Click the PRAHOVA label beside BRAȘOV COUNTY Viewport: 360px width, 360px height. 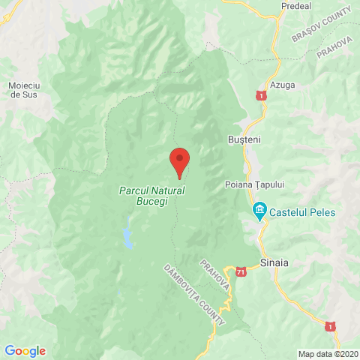334,50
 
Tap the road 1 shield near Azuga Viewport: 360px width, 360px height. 259,96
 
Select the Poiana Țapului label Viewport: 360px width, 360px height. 256,184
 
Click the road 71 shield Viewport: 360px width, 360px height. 241,271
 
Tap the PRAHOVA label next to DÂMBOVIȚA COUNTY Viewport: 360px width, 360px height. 214,276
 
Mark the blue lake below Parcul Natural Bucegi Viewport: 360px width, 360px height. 128,234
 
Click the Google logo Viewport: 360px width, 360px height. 25,350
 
